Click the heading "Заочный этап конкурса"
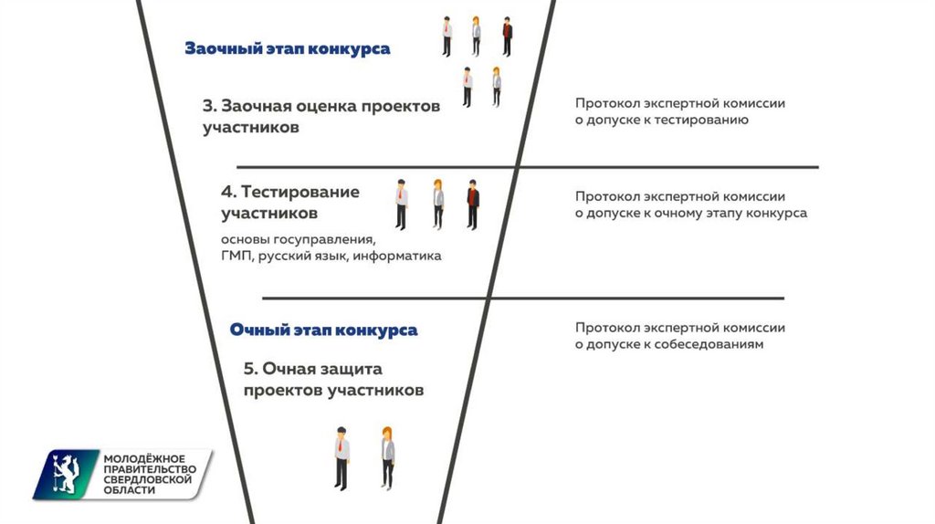(287, 48)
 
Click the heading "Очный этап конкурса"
(323, 330)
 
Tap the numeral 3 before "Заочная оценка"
(207, 106)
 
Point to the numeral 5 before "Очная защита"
(248, 369)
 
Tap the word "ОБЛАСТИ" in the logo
(130, 490)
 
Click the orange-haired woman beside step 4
(438, 203)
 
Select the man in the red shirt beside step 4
(472, 203)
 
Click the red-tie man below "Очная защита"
(341, 456)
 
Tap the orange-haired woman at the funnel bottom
(387, 456)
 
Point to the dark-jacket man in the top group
(507, 37)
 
